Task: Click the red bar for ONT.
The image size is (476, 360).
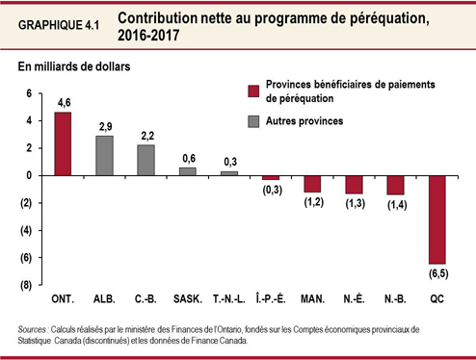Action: (63, 144)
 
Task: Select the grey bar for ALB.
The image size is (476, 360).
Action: (104, 156)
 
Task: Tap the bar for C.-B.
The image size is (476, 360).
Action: (145, 161)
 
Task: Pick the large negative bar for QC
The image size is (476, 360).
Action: (437, 219)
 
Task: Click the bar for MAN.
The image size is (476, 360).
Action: (312, 184)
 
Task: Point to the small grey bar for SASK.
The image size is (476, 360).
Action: (188, 171)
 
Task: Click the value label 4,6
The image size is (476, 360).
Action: (64, 102)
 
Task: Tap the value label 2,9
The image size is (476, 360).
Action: (104, 126)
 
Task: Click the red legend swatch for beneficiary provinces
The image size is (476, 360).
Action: (253, 91)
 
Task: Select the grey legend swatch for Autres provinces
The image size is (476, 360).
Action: (253, 122)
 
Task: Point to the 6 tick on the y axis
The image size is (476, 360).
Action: (29, 93)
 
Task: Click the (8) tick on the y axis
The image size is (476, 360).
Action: (27, 286)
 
